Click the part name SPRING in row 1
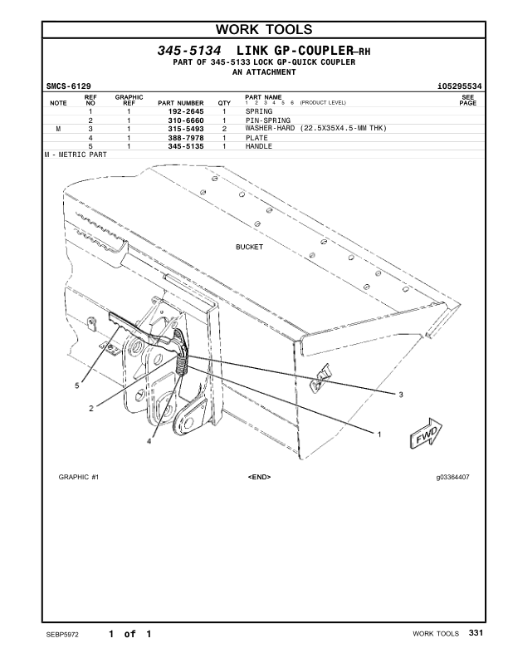click(259, 110)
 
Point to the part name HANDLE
click(259, 146)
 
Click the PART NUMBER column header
click(174, 103)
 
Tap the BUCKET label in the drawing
click(249, 248)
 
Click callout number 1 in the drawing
click(379, 434)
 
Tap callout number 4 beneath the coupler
click(149, 442)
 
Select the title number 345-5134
click(189, 51)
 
